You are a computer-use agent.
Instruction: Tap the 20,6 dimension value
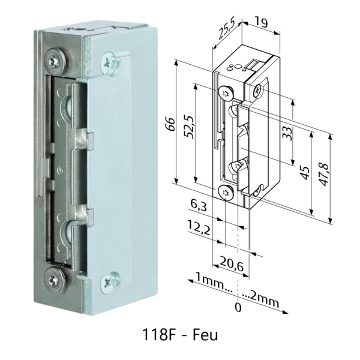[x=230, y=263]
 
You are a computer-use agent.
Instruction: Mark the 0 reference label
[x=238, y=308]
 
